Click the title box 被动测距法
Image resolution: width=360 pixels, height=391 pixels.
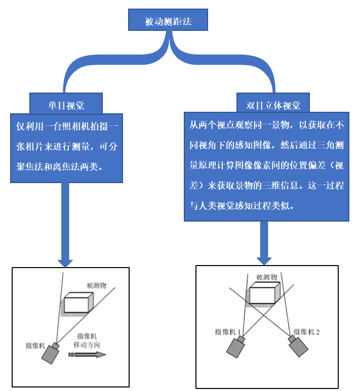[x=168, y=22]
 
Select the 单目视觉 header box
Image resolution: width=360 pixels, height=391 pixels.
[x=66, y=105]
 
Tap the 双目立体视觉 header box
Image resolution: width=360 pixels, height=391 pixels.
[x=273, y=105]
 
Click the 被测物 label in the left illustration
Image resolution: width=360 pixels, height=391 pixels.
[x=97, y=286]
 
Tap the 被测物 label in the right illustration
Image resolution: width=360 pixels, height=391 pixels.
[x=266, y=277]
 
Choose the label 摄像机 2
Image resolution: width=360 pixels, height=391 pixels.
[x=307, y=332]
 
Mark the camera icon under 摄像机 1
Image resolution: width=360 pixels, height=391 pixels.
[x=235, y=348]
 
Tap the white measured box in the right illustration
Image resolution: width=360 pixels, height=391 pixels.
[x=264, y=293]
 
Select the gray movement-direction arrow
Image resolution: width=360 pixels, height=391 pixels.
[x=89, y=355]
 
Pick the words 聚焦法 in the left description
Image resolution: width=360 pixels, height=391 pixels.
[x=28, y=166]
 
